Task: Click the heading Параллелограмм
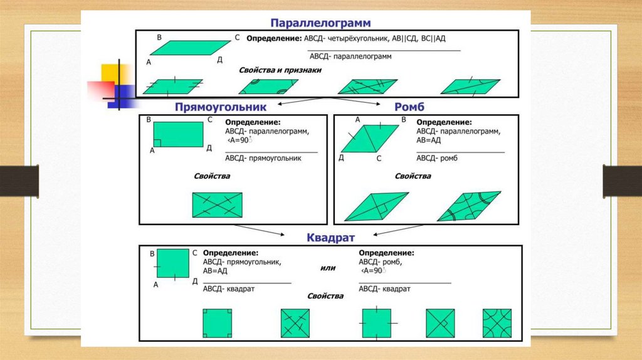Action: tap(320, 23)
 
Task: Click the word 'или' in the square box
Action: tap(327, 268)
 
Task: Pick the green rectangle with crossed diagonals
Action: tap(217, 204)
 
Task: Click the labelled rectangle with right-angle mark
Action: tap(179, 134)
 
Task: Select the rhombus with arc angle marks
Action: tap(468, 206)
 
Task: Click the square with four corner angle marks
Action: tap(217, 324)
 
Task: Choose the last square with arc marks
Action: tap(497, 324)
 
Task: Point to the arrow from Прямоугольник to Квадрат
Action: tap(268, 231)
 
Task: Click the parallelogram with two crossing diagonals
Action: tap(368, 87)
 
